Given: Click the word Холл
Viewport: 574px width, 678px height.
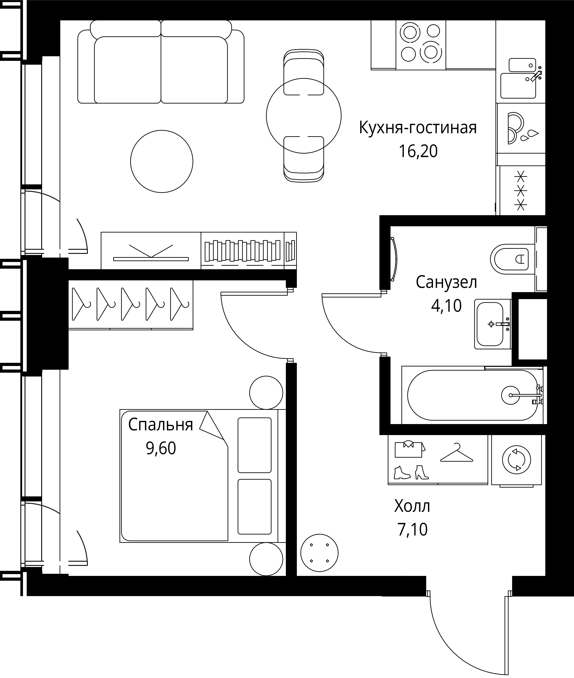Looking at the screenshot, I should (x=412, y=506).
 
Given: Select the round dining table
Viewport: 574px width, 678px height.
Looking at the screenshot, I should (x=304, y=116).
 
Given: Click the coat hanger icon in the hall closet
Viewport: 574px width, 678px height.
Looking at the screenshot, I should (x=457, y=453).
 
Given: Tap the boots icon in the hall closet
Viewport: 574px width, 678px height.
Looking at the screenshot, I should (x=411, y=473).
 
